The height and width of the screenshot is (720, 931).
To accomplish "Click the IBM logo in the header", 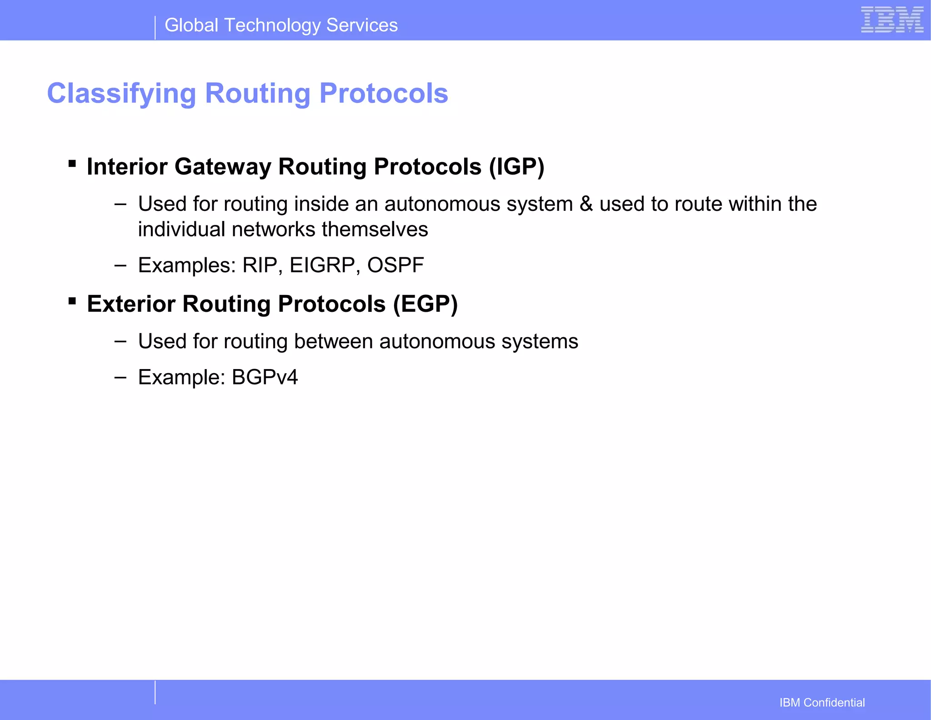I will pyautogui.click(x=892, y=20).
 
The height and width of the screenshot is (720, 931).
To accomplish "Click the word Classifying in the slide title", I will pyautogui.click(x=121, y=94).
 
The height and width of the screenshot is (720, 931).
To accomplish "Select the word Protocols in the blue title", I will pyautogui.click(x=384, y=94).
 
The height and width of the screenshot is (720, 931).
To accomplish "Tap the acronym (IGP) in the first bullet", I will pyautogui.click(x=516, y=167).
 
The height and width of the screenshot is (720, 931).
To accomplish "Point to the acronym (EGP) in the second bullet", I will pyautogui.click(x=425, y=304).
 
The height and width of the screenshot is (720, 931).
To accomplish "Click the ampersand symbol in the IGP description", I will pyautogui.click(x=586, y=204).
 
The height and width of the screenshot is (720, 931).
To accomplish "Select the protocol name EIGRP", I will pyautogui.click(x=322, y=265).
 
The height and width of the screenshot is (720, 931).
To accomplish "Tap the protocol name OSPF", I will pyautogui.click(x=395, y=265).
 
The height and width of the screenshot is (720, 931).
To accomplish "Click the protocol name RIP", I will pyautogui.click(x=260, y=265).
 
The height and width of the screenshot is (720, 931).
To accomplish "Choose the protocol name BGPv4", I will pyautogui.click(x=265, y=377).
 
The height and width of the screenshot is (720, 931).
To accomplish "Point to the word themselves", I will pyautogui.click(x=375, y=230).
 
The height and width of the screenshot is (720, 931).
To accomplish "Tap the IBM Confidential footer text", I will pyautogui.click(x=822, y=703).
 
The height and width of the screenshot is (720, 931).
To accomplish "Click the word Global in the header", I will pyautogui.click(x=191, y=25).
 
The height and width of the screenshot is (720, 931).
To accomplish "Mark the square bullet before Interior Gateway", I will pyautogui.click(x=72, y=163).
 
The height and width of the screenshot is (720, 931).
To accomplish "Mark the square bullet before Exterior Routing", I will pyautogui.click(x=72, y=300).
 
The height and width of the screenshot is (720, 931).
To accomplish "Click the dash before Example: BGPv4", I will pyautogui.click(x=120, y=377).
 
